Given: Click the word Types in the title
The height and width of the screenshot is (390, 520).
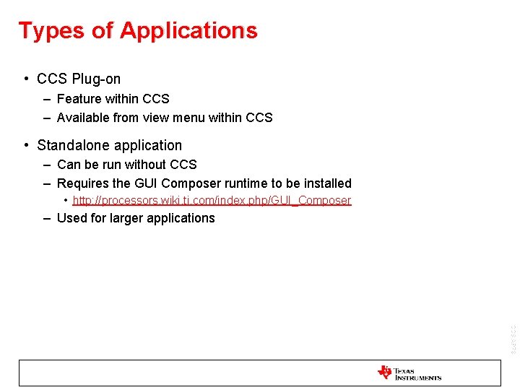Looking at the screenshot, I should pyautogui.click(x=45, y=31).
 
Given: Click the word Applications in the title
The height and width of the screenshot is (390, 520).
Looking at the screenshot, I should pyautogui.click(x=188, y=31).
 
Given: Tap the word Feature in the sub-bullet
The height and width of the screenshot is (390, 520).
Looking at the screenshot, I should pyautogui.click(x=79, y=99).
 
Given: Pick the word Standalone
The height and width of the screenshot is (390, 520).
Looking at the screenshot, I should pyautogui.click(x=71, y=145).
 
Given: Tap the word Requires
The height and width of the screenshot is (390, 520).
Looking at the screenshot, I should pyautogui.click(x=83, y=183).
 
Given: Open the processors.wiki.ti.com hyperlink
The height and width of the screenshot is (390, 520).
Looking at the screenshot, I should pyautogui.click(x=212, y=201).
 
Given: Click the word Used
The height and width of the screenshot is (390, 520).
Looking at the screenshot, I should pyautogui.click(x=72, y=218).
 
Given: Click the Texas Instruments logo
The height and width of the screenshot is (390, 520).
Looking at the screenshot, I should pyautogui.click(x=409, y=373).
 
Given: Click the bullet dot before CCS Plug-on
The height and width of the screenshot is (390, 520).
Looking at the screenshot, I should pyautogui.click(x=25, y=79).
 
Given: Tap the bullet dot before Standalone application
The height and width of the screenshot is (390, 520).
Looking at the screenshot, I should pyautogui.click(x=25, y=145).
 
